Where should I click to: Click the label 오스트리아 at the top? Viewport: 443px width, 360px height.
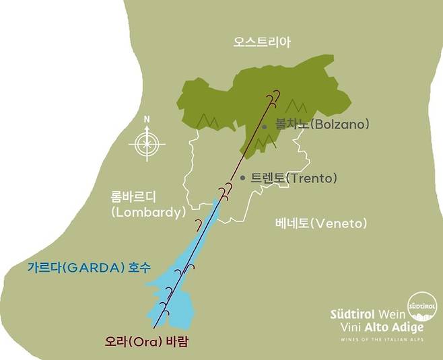(262, 42)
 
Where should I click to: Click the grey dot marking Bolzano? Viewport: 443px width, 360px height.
(265, 126)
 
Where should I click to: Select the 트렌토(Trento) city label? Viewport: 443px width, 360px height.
(293, 178)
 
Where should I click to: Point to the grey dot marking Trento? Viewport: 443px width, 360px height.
(242, 178)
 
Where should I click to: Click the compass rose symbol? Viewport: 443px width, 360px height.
(147, 143)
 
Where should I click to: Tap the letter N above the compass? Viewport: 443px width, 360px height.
(147, 120)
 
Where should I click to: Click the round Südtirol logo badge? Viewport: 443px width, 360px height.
(422, 307)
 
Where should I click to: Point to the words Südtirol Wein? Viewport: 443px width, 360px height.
(368, 314)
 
